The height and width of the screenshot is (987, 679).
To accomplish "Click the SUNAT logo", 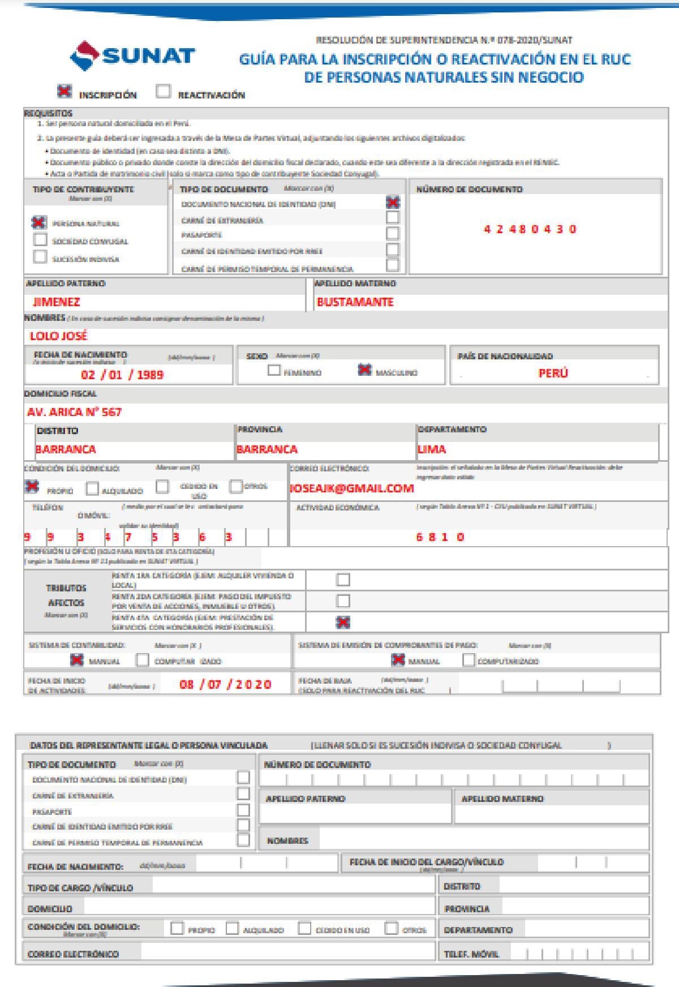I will coord(132,56).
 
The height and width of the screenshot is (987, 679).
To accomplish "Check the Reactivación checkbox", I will coord(163,92).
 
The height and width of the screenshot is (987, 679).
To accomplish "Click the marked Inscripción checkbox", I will coord(65,91).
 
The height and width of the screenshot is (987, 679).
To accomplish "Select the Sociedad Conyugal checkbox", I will coord(40,240).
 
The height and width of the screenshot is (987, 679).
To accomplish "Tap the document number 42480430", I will coord(530,229).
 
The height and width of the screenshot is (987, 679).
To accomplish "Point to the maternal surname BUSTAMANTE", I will coord(355,302).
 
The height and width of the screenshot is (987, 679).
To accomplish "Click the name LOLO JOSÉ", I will coord(59,336).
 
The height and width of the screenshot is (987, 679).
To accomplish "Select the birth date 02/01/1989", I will coord(122,375).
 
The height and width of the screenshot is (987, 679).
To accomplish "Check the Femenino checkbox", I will coord(274,371).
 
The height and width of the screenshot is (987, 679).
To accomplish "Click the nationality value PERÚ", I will coord(553,374).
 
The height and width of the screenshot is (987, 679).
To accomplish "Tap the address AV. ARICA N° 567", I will coord(74,412).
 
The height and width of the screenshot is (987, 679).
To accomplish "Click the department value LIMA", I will coord(432,449).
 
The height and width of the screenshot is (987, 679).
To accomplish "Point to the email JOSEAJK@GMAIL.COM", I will coord(352,488).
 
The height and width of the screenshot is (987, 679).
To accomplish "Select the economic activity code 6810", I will coord(440,537).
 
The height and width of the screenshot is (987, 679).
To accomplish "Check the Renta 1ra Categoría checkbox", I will coord(343,580).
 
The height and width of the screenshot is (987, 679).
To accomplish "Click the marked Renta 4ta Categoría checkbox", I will coord(343,623).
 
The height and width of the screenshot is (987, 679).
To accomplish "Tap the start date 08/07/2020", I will coord(225,685).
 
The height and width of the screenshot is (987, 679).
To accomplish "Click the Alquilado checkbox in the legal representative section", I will coord(232,929).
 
